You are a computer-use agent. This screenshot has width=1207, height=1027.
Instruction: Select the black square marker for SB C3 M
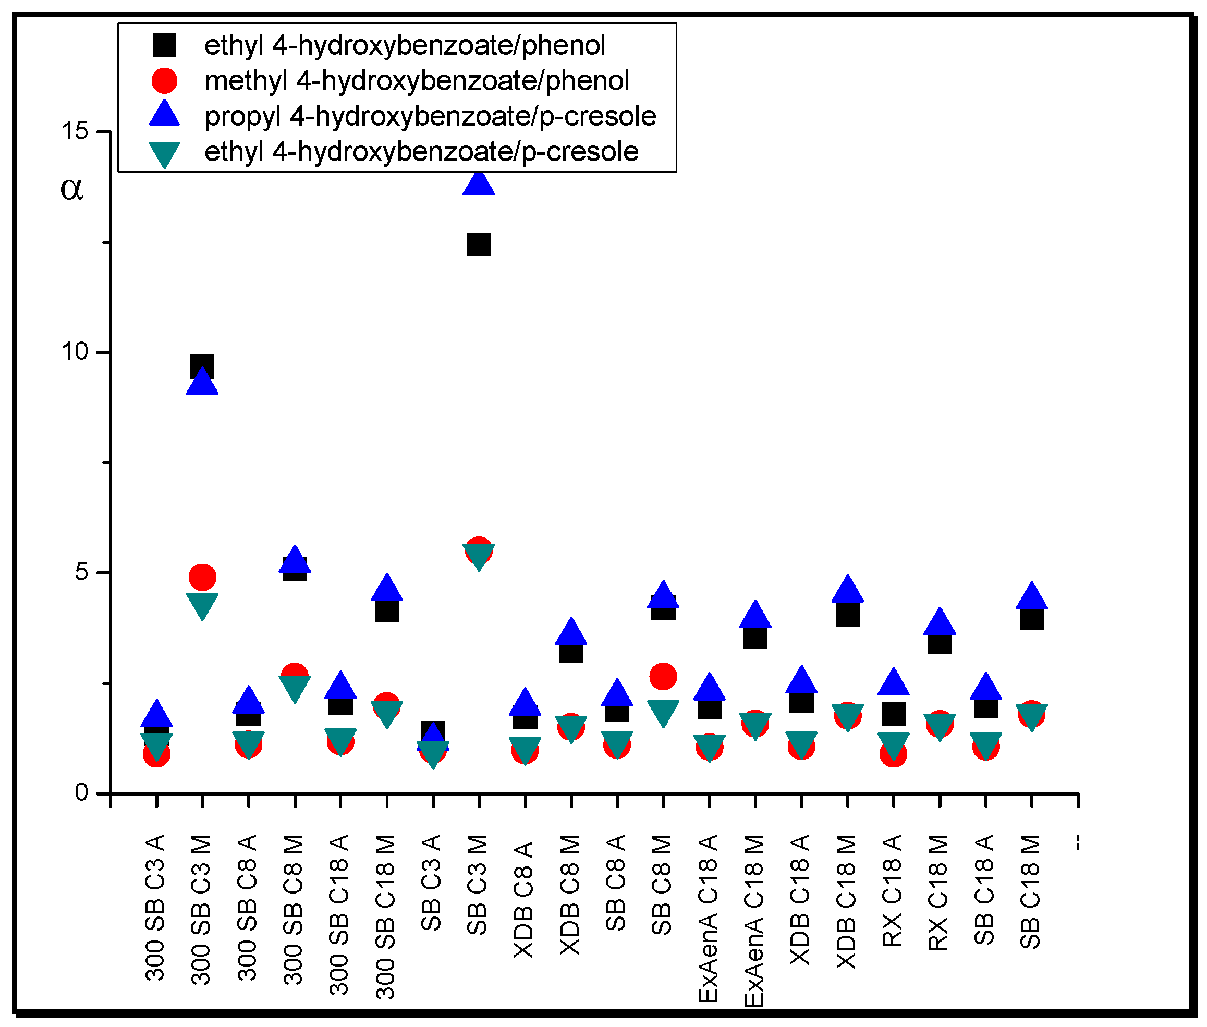point(479,244)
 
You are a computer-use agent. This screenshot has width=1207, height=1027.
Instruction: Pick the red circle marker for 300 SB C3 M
point(202,577)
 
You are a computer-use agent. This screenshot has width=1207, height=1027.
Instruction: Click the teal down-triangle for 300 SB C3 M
point(202,604)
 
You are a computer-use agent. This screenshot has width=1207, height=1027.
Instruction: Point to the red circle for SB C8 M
point(663,677)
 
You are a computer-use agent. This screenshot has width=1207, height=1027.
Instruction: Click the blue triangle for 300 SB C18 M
point(387,589)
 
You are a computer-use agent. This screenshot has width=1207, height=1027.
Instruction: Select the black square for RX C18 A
point(893,714)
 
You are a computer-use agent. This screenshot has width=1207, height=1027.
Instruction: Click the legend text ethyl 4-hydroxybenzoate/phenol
point(405,45)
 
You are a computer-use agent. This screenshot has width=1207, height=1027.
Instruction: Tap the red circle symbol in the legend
point(164,80)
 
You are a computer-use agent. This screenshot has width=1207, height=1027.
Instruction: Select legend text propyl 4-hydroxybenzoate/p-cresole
point(430,116)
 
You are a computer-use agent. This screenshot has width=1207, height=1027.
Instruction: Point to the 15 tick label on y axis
point(75,131)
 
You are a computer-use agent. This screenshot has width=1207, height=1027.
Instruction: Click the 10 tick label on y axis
point(75,352)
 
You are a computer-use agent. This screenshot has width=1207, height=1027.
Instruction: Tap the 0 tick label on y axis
point(81,792)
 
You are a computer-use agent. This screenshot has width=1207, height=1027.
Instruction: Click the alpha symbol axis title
point(72,189)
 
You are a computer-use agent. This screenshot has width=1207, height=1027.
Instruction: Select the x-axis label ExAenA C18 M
point(754,921)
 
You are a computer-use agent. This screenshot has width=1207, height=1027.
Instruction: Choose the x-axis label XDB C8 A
point(524,899)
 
